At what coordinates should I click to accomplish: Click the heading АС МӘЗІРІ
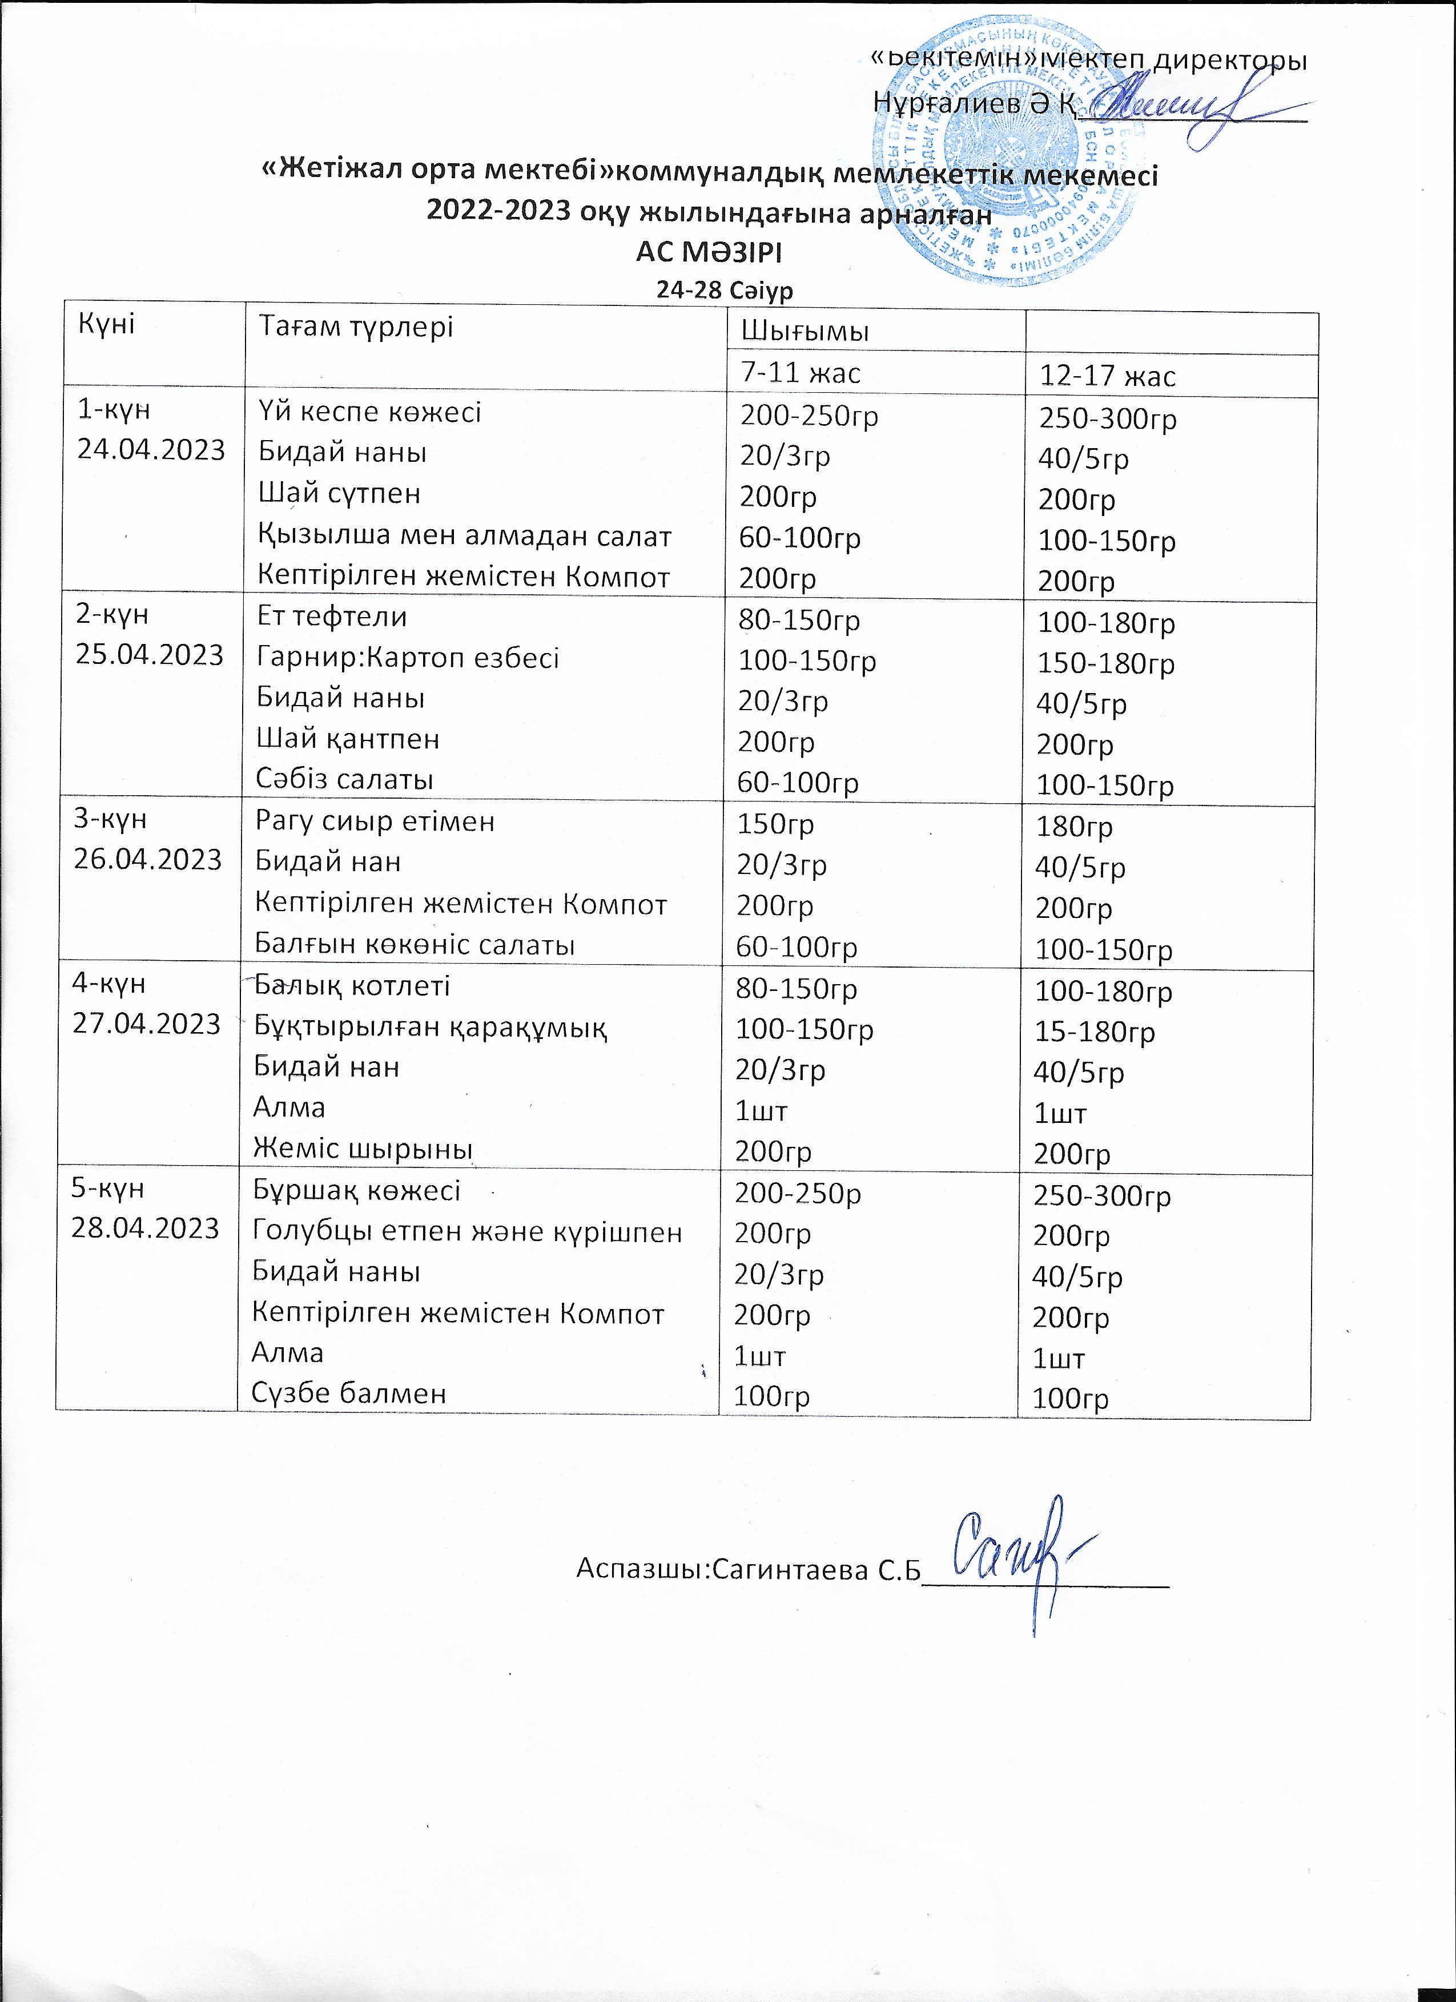709,252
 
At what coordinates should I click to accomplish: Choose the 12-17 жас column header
1108,377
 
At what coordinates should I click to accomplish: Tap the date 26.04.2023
148,859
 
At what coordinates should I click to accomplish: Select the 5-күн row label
108,1188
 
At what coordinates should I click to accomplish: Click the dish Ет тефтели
331,616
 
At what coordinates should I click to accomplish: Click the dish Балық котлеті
351,985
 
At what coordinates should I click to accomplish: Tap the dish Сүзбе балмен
349,1393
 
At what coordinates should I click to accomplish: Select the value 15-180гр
1095,1032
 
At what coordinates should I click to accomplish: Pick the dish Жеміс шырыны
362,1149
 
